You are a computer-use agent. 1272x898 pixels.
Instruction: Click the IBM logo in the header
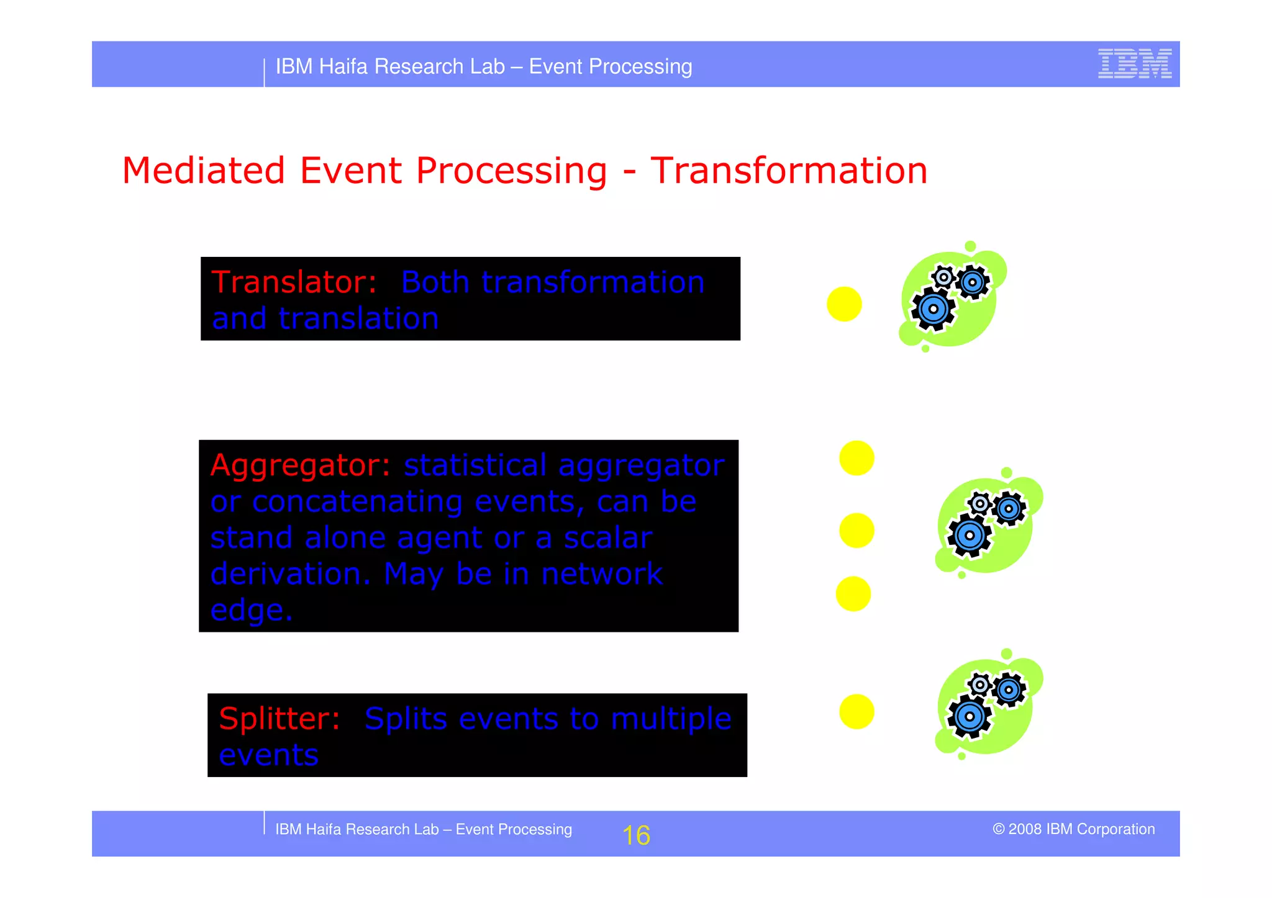pos(1134,63)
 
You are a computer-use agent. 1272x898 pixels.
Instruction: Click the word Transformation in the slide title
pos(788,171)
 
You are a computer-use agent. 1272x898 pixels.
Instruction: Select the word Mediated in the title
pos(204,171)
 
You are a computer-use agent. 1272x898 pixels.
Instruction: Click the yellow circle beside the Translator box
pos(844,304)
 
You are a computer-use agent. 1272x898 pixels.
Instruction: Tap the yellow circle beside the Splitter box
pos(856,711)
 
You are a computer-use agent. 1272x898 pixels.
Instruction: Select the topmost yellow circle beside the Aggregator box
pos(856,458)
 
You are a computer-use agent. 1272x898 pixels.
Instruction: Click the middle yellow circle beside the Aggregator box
pos(856,531)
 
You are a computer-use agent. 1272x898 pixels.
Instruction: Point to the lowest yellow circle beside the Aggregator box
pos(853,594)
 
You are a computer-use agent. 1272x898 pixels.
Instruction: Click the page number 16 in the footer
pos(636,835)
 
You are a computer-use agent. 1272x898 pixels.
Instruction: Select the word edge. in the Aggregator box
pos(252,611)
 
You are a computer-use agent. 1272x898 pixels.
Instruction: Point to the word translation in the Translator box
pos(358,319)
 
